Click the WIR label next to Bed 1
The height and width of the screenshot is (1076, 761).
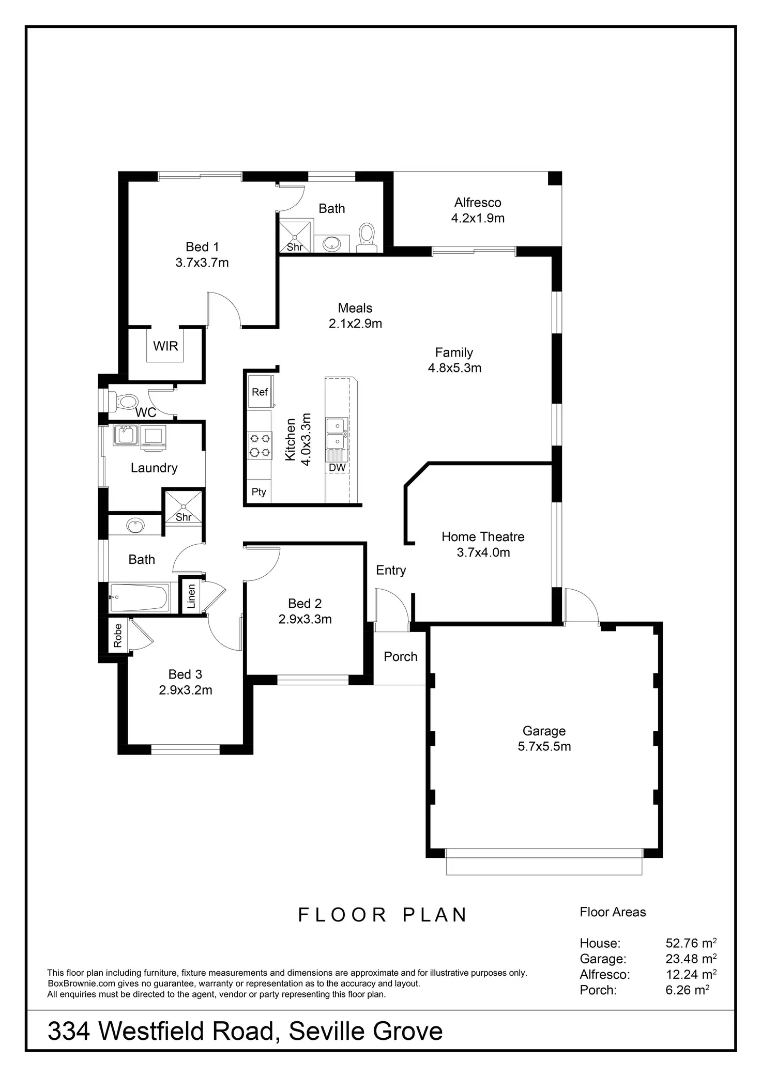click(165, 346)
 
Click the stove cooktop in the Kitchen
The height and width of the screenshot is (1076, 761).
click(260, 445)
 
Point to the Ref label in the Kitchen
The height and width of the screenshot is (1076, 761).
click(260, 392)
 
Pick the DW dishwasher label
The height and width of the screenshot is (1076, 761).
click(337, 468)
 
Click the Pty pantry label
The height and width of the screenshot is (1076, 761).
click(258, 492)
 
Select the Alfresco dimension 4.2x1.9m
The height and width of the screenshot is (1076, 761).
click(478, 218)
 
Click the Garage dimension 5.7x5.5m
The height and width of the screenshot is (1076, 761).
click(544, 746)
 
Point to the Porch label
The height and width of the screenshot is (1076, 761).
click(400, 656)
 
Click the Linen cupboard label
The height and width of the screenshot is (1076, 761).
click(191, 596)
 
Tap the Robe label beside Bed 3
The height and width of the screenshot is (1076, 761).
click(118, 636)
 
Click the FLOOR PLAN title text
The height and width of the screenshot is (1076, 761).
click(383, 915)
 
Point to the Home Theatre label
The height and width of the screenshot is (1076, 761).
click(483, 537)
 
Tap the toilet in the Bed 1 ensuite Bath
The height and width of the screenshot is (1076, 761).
click(367, 236)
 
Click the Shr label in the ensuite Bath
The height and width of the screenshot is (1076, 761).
click(295, 247)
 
